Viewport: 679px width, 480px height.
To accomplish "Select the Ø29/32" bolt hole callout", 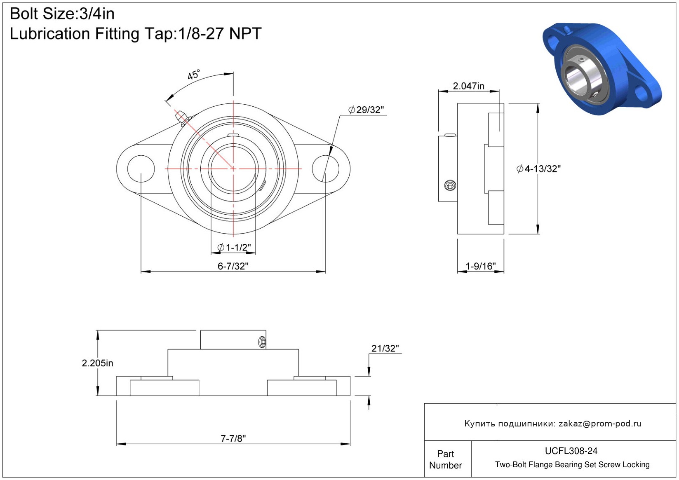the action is (366, 110).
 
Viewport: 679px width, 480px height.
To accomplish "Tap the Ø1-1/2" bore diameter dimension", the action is (234, 247).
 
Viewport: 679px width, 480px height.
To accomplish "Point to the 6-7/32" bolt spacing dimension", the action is (233, 266).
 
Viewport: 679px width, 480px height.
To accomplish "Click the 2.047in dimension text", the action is (468, 86).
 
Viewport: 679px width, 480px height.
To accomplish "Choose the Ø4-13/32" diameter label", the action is (538, 169).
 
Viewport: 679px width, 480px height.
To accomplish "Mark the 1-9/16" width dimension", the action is (480, 266).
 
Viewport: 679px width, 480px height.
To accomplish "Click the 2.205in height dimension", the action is (97, 363).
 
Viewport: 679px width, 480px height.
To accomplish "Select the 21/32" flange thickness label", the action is (385, 349).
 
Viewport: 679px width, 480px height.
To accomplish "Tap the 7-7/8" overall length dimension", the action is (233, 438).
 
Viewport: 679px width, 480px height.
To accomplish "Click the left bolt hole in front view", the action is (141, 169).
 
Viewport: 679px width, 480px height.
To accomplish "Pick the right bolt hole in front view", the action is (326, 169).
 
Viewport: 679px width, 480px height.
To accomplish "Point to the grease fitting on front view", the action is (183, 118).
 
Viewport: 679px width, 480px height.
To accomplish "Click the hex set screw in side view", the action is (450, 185).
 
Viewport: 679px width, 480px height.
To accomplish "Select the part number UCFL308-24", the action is (571, 451).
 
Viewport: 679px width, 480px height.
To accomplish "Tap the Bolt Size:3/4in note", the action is (62, 14).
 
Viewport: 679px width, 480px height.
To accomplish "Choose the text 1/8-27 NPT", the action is (219, 33).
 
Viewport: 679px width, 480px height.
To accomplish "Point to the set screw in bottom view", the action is (263, 342).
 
